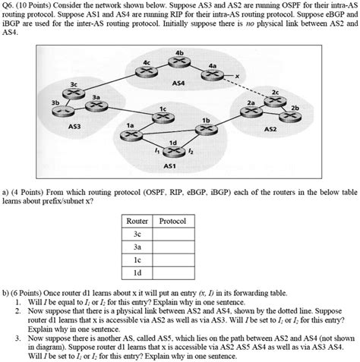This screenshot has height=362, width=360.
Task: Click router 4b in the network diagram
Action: point(178,61)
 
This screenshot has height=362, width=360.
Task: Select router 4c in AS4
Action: point(142,72)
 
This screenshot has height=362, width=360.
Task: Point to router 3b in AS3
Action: point(57,108)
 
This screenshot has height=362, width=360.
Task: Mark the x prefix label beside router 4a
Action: point(237,76)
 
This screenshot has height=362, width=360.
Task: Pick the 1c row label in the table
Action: point(136,258)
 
